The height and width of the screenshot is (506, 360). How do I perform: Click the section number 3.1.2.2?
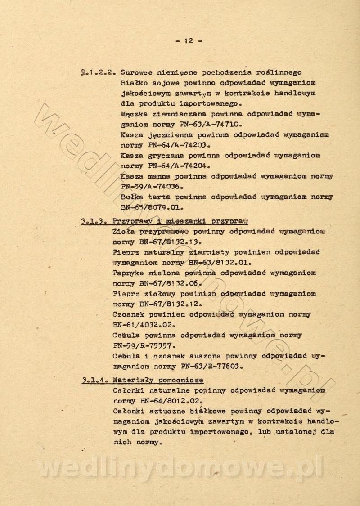[93, 72]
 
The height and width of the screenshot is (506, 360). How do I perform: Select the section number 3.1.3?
[94, 221]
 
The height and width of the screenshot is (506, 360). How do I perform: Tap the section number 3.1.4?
[94, 380]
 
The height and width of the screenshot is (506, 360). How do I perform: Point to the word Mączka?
[134, 114]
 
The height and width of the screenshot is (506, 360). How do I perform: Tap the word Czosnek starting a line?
[130, 314]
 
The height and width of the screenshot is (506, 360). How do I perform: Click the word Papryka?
[130, 273]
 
